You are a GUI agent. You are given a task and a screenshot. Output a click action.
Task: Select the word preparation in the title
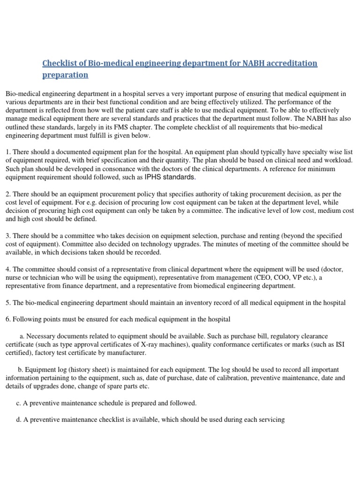pos(65,75)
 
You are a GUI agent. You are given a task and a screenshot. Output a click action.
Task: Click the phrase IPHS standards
pos(171,178)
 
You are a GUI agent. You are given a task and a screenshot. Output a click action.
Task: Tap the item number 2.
pos(7,194)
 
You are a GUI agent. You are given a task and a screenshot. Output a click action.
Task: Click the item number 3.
pos(7,235)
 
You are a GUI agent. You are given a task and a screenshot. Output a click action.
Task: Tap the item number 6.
pos(7,320)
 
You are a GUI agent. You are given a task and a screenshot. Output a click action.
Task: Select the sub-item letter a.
pos(22,337)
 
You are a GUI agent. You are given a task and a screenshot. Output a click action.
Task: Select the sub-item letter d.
pos(18,420)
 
